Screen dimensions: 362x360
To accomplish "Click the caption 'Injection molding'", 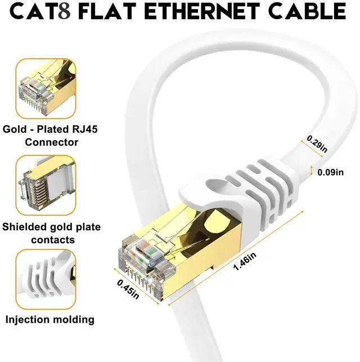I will [x=50, y=320].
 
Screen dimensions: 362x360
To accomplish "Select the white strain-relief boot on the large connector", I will [x=247, y=186].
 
